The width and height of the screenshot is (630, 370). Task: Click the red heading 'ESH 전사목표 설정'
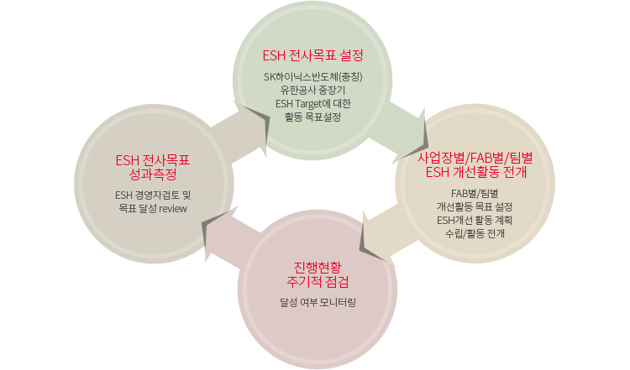tap(312, 56)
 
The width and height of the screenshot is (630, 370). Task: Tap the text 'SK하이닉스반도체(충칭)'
tap(312, 78)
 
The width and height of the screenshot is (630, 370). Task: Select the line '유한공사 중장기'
tap(312, 91)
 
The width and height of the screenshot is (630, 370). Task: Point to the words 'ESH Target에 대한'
tap(312, 104)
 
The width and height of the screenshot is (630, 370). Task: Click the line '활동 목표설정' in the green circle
tap(312, 117)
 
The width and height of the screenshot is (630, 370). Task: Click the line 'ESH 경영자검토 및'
tap(153, 195)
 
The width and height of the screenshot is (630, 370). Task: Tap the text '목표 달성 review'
tap(153, 208)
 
